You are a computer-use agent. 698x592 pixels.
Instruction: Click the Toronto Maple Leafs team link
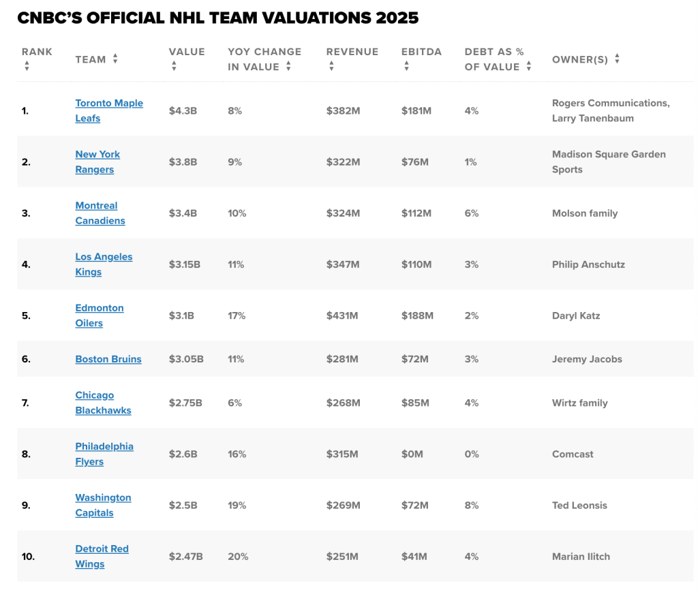(109, 111)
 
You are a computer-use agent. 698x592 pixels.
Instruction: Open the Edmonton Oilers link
(100, 315)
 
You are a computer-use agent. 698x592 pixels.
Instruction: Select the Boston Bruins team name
(108, 359)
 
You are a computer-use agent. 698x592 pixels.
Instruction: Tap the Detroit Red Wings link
(102, 557)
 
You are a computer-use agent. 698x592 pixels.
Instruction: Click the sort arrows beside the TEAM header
(115, 59)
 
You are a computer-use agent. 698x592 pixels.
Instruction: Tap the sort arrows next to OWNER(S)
(617, 59)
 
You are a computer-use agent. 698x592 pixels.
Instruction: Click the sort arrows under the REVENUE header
(332, 66)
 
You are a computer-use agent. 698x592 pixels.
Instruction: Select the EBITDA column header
(421, 52)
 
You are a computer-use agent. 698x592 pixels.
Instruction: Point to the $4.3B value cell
(183, 111)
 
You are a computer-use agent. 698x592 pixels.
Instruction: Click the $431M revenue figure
(342, 315)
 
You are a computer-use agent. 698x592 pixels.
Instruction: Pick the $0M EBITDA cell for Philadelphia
(412, 454)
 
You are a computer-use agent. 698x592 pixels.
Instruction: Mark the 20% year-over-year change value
(238, 557)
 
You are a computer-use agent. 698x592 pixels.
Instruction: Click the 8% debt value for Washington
(472, 505)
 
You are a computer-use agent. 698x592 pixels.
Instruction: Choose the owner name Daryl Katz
(576, 315)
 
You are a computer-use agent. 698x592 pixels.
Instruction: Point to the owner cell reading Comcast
(573, 454)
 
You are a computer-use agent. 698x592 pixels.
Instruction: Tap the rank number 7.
(25, 403)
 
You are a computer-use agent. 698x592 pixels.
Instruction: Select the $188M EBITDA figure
(417, 315)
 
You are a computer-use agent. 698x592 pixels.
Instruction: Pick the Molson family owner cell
(585, 213)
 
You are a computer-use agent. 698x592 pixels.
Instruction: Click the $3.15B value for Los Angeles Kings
(184, 264)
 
